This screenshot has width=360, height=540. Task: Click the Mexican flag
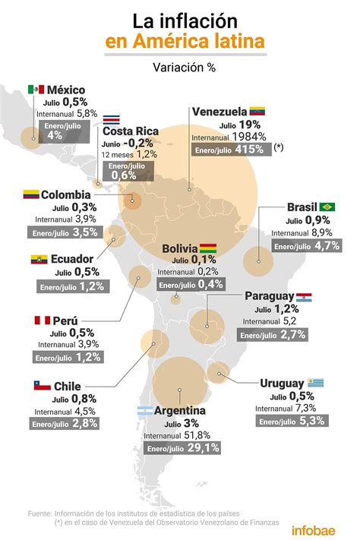pos(36,90)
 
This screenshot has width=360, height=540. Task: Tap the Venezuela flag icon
pos(257,112)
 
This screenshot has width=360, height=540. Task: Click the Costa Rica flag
pos(111,119)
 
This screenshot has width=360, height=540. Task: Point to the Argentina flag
pos(144,411)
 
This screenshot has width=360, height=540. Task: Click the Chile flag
pos(42,386)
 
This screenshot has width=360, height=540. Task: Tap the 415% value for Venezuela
pos(248,150)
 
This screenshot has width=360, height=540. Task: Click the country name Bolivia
pos(179,249)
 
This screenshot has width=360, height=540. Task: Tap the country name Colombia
pos(66,194)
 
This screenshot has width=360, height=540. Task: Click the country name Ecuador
pos(72,259)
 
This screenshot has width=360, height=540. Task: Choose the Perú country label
pos(66,321)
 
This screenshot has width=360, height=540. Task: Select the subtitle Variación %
pos(180,67)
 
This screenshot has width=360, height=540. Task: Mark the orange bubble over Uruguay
pos(219,371)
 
